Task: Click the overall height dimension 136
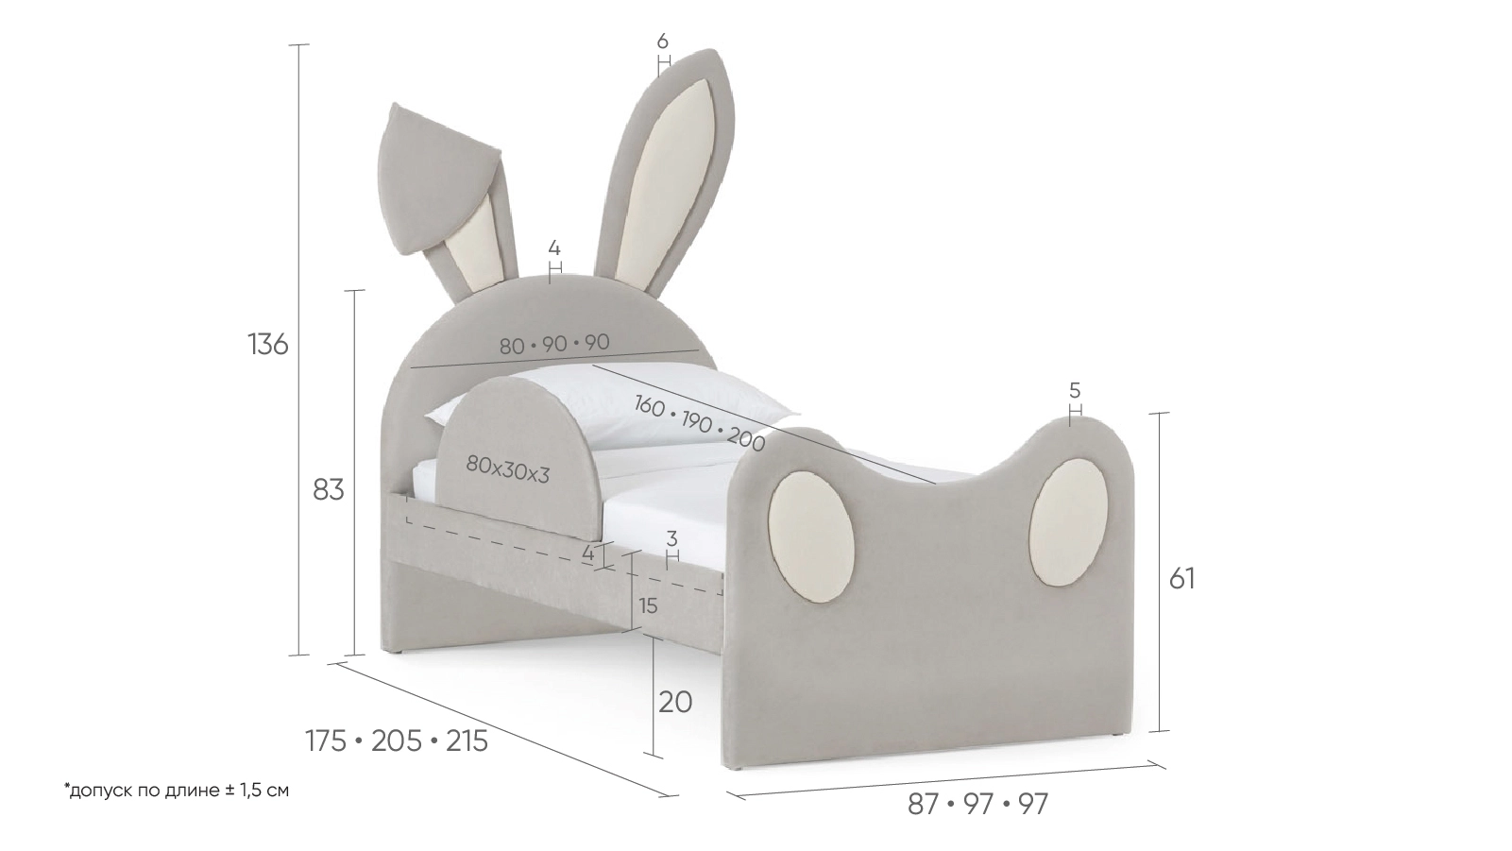click(268, 344)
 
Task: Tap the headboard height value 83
click(329, 490)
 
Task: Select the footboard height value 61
click(1181, 578)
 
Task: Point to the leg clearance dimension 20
click(675, 702)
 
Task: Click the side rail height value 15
click(647, 606)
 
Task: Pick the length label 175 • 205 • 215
click(397, 741)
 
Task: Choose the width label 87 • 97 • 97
click(978, 804)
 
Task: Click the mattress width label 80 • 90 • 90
click(554, 344)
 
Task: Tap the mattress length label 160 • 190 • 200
click(699, 422)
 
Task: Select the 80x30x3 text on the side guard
click(507, 468)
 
